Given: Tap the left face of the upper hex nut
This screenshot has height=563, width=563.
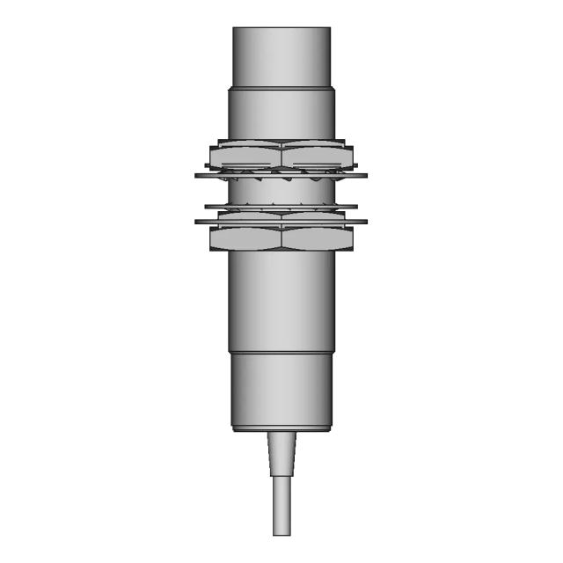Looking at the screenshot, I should tap(245, 157).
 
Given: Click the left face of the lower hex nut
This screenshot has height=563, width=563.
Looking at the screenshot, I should tap(245, 238).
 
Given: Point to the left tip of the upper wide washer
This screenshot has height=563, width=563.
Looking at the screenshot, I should tap(196, 175).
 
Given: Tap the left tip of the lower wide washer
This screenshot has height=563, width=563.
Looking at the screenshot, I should tap(196, 221).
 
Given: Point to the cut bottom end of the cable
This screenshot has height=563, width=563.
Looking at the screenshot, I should tap(281, 533).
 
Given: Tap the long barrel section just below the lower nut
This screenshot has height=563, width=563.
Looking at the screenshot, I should tap(281, 299).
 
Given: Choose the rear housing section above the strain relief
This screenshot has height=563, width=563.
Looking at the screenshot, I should tap(281, 391).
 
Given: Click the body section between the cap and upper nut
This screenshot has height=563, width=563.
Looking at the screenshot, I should tap(281, 114).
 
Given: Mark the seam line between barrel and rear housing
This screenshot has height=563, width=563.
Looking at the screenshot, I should tap(281, 351).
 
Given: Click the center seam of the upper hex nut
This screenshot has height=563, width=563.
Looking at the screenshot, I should tap(281, 157).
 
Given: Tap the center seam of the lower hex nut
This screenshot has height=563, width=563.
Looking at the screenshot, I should tap(281, 238).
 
